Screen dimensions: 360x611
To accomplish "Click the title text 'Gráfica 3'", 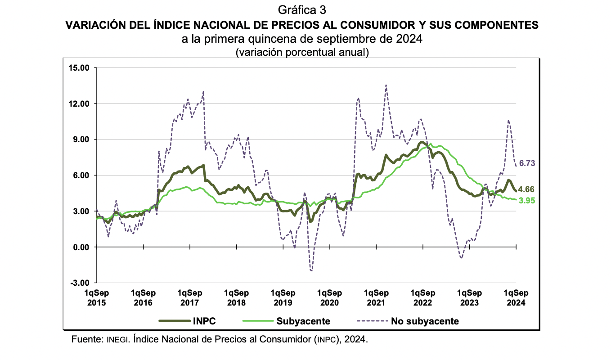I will pos(302,10).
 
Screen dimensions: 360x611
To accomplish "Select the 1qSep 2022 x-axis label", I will pos(422,297).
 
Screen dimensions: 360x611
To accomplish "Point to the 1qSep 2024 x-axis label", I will pos(516,297).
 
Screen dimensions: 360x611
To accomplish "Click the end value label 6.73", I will pos(527,163).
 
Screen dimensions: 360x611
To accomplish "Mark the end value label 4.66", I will pos(526,189).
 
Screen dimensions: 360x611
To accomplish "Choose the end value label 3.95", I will pos(526,201).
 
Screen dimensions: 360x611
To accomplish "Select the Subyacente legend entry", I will pos(303,321).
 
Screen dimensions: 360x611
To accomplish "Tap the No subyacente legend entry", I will pos(425,321).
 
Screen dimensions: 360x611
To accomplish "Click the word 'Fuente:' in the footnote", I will pos(87,339).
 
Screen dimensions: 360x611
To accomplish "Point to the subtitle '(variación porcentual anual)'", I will pos(302,52).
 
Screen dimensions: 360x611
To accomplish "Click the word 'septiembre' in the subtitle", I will pos(344,39).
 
